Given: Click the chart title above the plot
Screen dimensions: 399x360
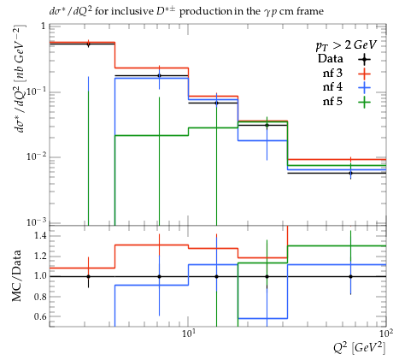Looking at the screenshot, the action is pos(186,11).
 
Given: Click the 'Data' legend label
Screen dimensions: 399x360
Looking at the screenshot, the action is pos(331,59).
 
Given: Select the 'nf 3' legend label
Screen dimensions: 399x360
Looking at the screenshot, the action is pos(332,74).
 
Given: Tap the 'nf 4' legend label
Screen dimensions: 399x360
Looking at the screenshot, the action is pos(332,87).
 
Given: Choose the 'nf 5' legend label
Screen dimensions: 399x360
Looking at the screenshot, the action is pos(332,102).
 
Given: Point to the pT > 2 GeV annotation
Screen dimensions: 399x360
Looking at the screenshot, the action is pos(346,45).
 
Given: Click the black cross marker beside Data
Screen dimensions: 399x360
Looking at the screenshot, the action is pos(364,59).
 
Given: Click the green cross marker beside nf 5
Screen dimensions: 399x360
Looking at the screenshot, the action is pos(364,103).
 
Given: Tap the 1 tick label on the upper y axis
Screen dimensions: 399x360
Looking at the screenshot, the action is pos(44,27).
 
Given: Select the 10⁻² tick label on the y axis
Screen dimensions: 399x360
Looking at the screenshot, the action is pos(36,156).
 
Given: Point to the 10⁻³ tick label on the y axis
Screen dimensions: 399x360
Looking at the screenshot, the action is pos(36,221).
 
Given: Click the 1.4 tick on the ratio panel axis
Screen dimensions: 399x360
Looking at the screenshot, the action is pos(40,235).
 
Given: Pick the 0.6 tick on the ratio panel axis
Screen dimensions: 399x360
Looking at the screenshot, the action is pos(40,316).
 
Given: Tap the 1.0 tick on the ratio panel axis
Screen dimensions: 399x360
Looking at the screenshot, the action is pos(40,276).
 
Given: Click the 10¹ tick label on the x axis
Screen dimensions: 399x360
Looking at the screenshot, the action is pos(188,333).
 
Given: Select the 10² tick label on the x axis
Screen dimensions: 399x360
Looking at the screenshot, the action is pos(386,333).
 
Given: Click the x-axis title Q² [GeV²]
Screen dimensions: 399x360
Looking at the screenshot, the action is pos(360,348).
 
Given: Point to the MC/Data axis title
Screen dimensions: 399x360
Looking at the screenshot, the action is pos(16,275).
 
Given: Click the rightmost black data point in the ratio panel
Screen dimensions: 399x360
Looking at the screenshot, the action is pos(350,276).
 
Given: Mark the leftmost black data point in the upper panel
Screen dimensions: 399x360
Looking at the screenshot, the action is pos(88,44).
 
